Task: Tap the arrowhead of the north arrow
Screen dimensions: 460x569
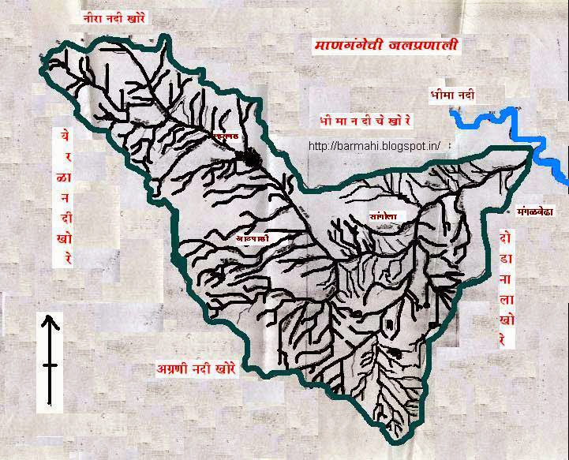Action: (50, 320)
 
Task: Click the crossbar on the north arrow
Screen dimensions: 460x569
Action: (50, 365)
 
